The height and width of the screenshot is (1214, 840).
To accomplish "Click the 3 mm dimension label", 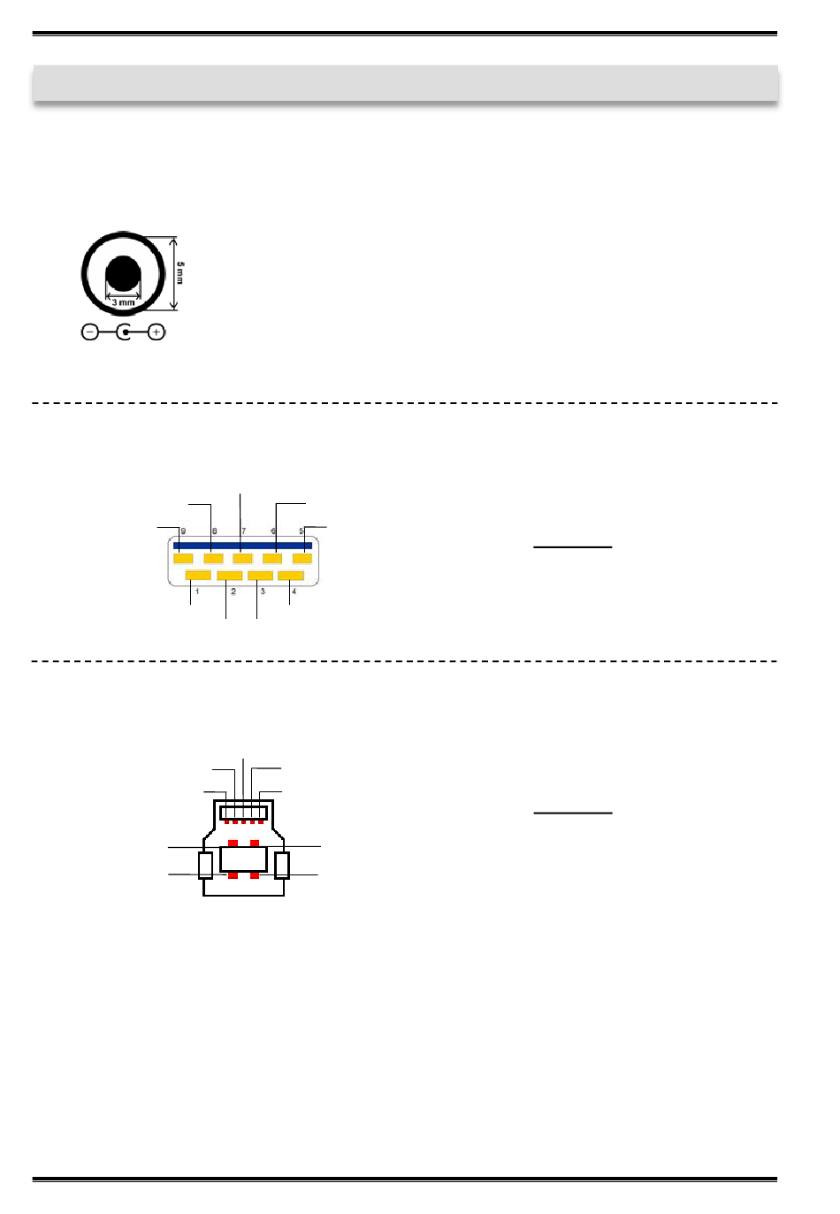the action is [x=123, y=302].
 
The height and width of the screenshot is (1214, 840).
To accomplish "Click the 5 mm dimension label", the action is [x=180, y=272].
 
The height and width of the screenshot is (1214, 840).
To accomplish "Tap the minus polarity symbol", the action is [x=89, y=332].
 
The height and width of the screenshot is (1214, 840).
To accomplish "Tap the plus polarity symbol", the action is [x=157, y=332].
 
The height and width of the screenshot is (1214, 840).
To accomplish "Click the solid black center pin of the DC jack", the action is [x=123, y=273].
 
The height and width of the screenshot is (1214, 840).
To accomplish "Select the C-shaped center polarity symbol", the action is [x=124, y=332].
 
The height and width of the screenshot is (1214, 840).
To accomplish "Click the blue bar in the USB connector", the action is [x=242, y=546].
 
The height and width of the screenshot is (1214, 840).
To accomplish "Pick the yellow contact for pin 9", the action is [x=183, y=559].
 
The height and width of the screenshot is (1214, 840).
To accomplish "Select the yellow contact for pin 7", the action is [x=242, y=559].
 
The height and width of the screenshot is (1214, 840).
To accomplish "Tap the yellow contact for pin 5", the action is [x=302, y=559].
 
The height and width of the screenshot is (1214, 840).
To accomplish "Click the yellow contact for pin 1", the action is [x=198, y=576].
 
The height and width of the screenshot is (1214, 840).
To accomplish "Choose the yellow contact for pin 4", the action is [x=291, y=576].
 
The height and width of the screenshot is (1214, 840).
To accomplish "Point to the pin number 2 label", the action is [x=233, y=592].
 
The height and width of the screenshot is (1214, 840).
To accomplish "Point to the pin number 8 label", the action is [x=214, y=531].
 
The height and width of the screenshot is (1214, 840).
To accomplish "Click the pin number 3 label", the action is [x=263, y=592].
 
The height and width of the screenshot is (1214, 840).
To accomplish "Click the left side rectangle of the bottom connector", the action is [x=206, y=865].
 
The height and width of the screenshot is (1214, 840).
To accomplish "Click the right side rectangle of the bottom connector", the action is [x=282, y=865].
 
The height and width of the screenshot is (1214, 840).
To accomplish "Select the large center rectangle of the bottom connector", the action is [x=243, y=859].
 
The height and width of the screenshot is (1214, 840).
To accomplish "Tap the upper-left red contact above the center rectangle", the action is [x=233, y=844].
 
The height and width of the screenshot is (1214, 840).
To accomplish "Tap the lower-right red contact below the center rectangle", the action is [x=255, y=875].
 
